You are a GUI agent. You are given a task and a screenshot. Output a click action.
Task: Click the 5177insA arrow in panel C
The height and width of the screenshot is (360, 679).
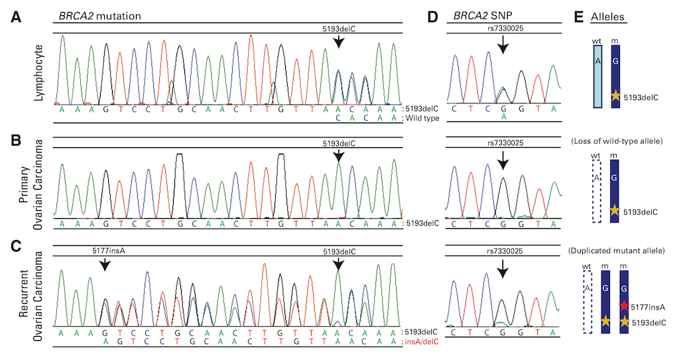coord(104,265)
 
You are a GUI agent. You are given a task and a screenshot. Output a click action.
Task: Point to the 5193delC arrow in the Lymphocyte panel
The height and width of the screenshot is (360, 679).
coord(338,41)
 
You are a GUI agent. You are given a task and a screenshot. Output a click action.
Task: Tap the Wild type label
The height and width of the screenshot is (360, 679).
coord(422,118)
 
